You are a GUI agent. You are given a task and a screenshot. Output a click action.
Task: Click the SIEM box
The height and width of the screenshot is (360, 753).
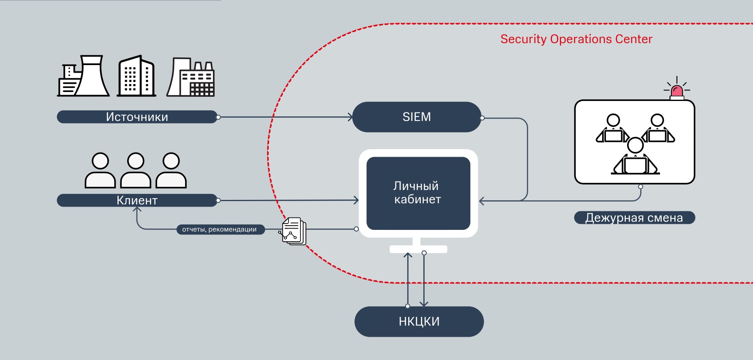coord(417,117)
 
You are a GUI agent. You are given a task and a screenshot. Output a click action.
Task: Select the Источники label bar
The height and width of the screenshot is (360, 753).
coord(137,117)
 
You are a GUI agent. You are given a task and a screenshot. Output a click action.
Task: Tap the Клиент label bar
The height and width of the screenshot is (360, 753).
coord(137,200)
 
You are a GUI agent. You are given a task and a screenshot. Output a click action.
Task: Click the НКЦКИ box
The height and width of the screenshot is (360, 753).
coord(419,322)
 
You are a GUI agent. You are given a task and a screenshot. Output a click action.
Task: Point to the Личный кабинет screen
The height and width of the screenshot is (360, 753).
coord(418,193)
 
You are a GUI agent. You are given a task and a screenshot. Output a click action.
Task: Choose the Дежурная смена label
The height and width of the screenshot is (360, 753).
coord(634,218)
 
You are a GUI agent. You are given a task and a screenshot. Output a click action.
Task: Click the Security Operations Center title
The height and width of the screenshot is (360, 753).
coord(576,39)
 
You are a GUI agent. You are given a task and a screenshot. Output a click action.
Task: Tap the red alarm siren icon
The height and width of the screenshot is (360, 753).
coord(677,91)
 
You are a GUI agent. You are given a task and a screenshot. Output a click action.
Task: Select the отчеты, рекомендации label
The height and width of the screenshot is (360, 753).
coord(220,229)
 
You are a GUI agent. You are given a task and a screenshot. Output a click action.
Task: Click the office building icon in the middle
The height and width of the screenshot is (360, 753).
coord(136,76)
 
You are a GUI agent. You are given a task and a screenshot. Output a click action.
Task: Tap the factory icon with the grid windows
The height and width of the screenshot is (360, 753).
coord(191,78)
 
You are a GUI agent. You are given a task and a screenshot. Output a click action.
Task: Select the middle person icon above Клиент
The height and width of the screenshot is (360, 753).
coord(136,171)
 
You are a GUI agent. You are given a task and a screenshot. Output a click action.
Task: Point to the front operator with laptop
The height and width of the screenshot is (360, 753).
coord(635,157)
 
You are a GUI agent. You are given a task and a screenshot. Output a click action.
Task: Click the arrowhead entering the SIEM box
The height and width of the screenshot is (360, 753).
coord(350,117)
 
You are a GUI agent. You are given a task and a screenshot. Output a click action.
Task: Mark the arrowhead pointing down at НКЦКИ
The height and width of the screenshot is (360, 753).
coord(424,303)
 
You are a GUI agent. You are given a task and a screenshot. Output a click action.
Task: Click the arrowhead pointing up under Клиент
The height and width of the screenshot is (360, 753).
coord(137,210)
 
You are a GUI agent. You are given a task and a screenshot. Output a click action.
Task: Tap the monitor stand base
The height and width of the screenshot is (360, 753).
coord(418,249)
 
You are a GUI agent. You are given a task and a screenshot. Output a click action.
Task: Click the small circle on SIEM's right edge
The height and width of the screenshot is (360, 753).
coord(482,118)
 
